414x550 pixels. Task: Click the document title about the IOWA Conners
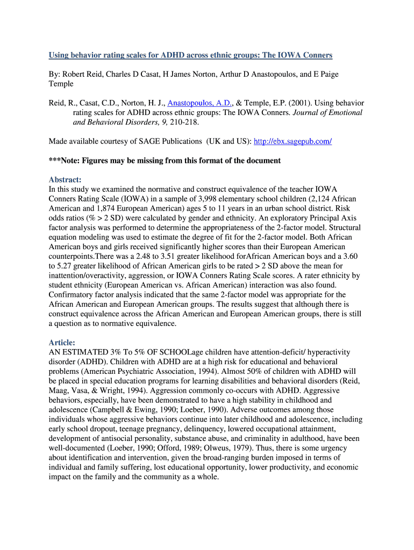tap(190, 55)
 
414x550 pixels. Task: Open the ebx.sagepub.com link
tap(292, 141)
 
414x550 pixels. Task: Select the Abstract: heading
tap(65, 180)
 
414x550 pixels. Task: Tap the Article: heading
tap(62, 342)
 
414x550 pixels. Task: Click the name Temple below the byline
tap(61, 84)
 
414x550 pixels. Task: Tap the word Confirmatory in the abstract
tap(73, 295)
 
